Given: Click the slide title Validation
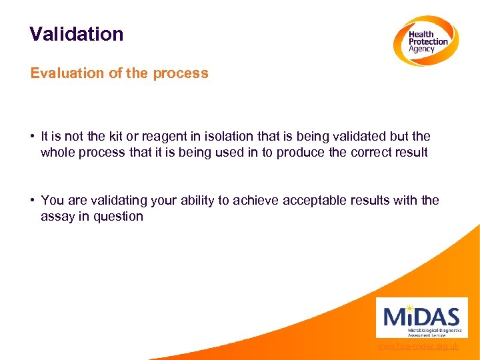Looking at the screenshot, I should [x=77, y=34].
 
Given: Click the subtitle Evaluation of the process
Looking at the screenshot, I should [x=119, y=73].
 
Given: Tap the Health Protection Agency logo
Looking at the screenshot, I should [x=425, y=41].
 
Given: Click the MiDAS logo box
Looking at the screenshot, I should [x=421, y=317].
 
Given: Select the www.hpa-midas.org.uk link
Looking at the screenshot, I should [x=417, y=347].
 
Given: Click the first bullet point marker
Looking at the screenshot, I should [x=33, y=137].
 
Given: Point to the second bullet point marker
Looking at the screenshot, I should [x=33, y=201].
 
